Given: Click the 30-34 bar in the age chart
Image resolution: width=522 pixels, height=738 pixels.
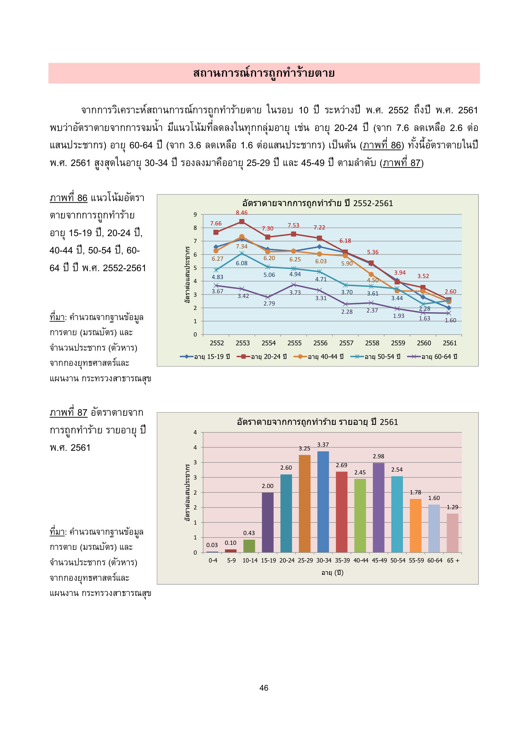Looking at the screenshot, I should click(x=323, y=502).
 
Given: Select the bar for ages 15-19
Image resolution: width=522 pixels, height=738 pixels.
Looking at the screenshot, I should click(x=267, y=522).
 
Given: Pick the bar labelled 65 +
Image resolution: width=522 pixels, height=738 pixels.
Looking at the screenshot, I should click(x=452, y=533).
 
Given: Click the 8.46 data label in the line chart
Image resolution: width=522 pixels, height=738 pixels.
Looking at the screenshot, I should click(x=242, y=213).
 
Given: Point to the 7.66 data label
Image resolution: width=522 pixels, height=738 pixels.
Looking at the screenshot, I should click(x=216, y=223).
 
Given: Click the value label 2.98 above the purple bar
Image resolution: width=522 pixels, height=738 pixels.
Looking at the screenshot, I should click(x=378, y=456).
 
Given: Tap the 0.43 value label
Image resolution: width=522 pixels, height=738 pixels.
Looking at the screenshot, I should click(x=249, y=533).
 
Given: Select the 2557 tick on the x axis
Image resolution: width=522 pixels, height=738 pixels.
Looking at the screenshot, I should click(x=346, y=343).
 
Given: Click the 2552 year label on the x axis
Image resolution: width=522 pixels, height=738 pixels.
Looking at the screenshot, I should click(x=217, y=343).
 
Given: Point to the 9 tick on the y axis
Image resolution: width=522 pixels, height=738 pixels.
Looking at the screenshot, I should click(x=195, y=214).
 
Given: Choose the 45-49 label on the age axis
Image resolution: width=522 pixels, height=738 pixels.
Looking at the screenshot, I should click(x=379, y=560).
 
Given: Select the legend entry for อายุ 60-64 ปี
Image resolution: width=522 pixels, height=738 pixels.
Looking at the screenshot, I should click(x=432, y=356).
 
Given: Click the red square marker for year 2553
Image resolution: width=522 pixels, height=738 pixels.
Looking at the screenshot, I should click(x=242, y=222).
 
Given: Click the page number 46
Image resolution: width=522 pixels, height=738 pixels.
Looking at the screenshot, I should click(x=264, y=688).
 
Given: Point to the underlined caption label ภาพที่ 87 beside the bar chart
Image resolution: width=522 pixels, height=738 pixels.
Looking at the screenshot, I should click(x=69, y=412).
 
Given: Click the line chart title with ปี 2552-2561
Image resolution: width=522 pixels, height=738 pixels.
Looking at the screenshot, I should click(x=317, y=204).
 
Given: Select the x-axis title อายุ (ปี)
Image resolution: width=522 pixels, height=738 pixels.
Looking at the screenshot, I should click(x=332, y=573).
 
